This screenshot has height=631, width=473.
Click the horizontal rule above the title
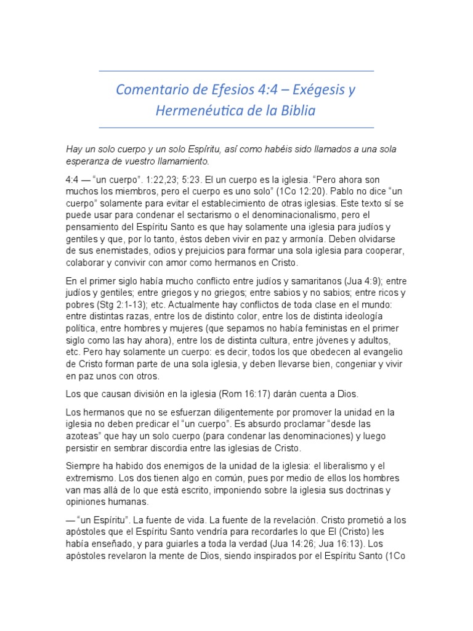pyautogui.click(x=236, y=71)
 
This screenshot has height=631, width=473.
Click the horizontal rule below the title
pyautogui.click(x=236, y=128)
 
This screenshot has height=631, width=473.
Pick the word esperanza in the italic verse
pyautogui.click(x=88, y=161)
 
